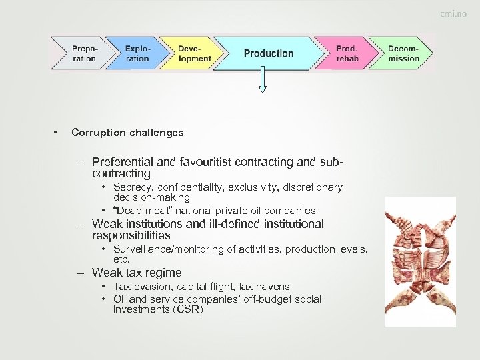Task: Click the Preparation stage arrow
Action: [84, 53]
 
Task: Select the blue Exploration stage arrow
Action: [137, 53]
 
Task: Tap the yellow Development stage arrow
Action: [194, 53]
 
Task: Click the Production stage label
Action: [268, 53]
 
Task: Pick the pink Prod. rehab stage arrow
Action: [347, 53]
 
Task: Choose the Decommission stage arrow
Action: [404, 53]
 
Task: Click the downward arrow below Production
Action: [262, 80]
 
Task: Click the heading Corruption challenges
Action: [127, 133]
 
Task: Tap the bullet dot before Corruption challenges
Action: [59, 133]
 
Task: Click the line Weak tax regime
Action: [137, 273]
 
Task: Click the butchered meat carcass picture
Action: [420, 261]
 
